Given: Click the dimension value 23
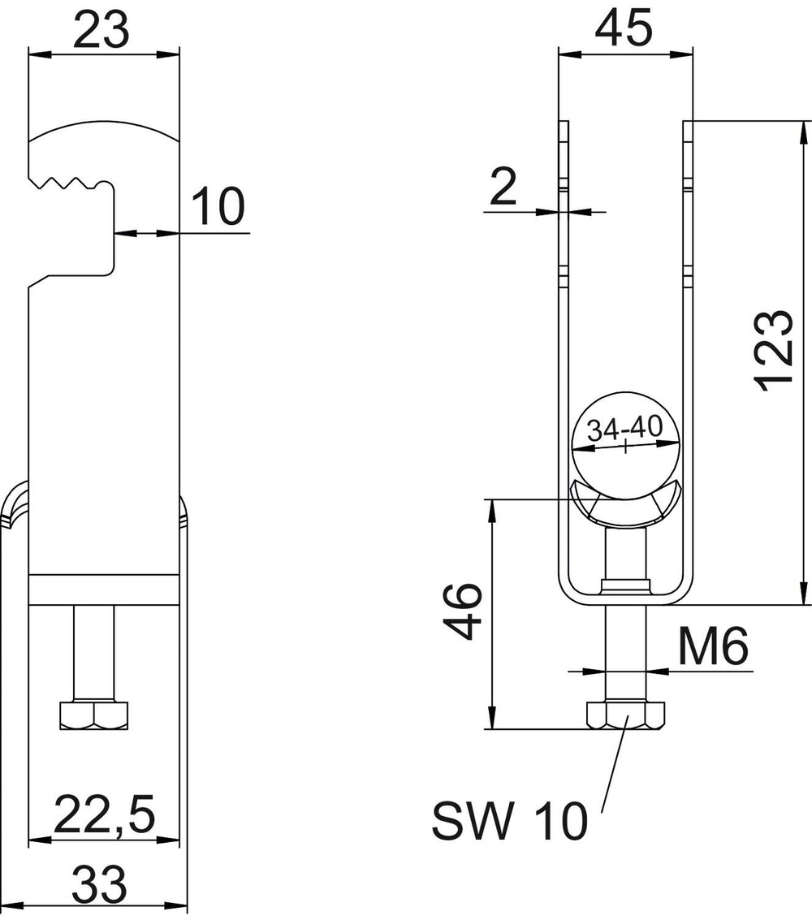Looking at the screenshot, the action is point(101,30).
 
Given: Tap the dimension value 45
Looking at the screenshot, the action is point(623,28).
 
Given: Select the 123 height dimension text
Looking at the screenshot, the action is point(773,351).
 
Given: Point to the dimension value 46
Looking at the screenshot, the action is point(462,611).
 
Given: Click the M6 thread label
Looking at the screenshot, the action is point(713,647).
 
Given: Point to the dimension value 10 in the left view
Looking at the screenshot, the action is point(218,206).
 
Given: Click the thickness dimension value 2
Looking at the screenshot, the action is point(503,187).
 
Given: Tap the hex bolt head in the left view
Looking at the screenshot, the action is point(94,715).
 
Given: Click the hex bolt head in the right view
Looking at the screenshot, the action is point(625,714).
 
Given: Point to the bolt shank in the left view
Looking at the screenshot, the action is point(94,652).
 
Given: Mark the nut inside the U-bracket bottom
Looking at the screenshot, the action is point(625,586).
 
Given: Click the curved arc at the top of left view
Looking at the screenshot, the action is point(104,129).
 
